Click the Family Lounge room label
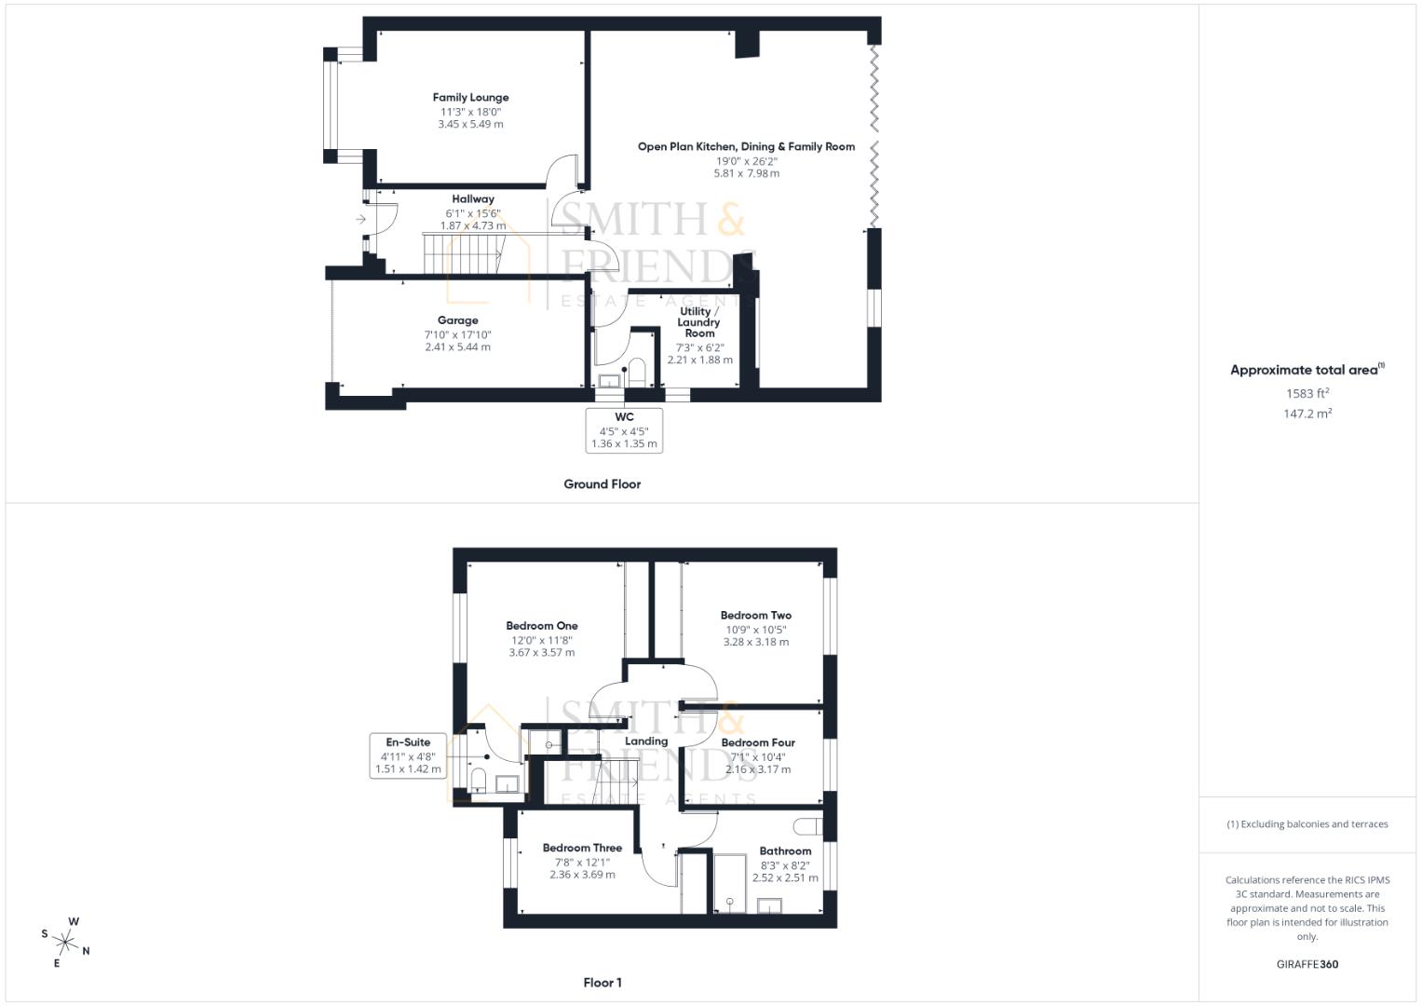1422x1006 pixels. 470,98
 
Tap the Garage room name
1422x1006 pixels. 457,320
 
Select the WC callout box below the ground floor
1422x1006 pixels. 624,430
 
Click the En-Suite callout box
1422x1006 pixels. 408,755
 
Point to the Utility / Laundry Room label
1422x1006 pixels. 699,322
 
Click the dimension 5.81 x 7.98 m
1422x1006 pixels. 746,173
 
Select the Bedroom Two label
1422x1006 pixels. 755,616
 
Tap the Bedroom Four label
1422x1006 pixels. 758,743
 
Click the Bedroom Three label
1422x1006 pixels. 582,849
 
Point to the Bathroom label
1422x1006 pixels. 785,851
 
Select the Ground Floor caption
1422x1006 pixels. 602,484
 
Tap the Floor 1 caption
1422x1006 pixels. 602,983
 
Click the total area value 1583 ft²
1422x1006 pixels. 1307,394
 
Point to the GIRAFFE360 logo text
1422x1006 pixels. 1307,964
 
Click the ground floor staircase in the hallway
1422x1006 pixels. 463,254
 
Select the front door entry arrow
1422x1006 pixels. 360,220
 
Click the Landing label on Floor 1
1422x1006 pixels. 646,741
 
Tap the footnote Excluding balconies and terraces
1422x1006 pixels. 1307,824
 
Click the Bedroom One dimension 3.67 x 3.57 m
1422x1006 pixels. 541,653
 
